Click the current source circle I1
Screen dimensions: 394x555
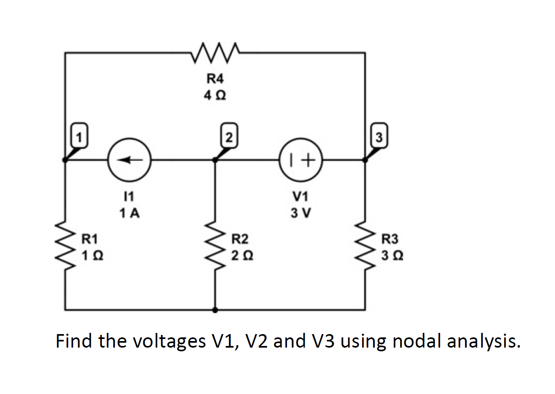pos(129,160)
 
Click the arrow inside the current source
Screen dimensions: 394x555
pos(129,160)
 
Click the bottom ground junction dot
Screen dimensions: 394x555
pos(215,310)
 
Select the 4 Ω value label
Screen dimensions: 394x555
pos(215,96)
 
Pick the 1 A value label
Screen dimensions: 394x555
pos(129,213)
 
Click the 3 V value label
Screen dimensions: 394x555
pos(300,213)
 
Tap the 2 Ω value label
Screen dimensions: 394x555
pos(242,256)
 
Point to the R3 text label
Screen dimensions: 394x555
pos(390,238)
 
